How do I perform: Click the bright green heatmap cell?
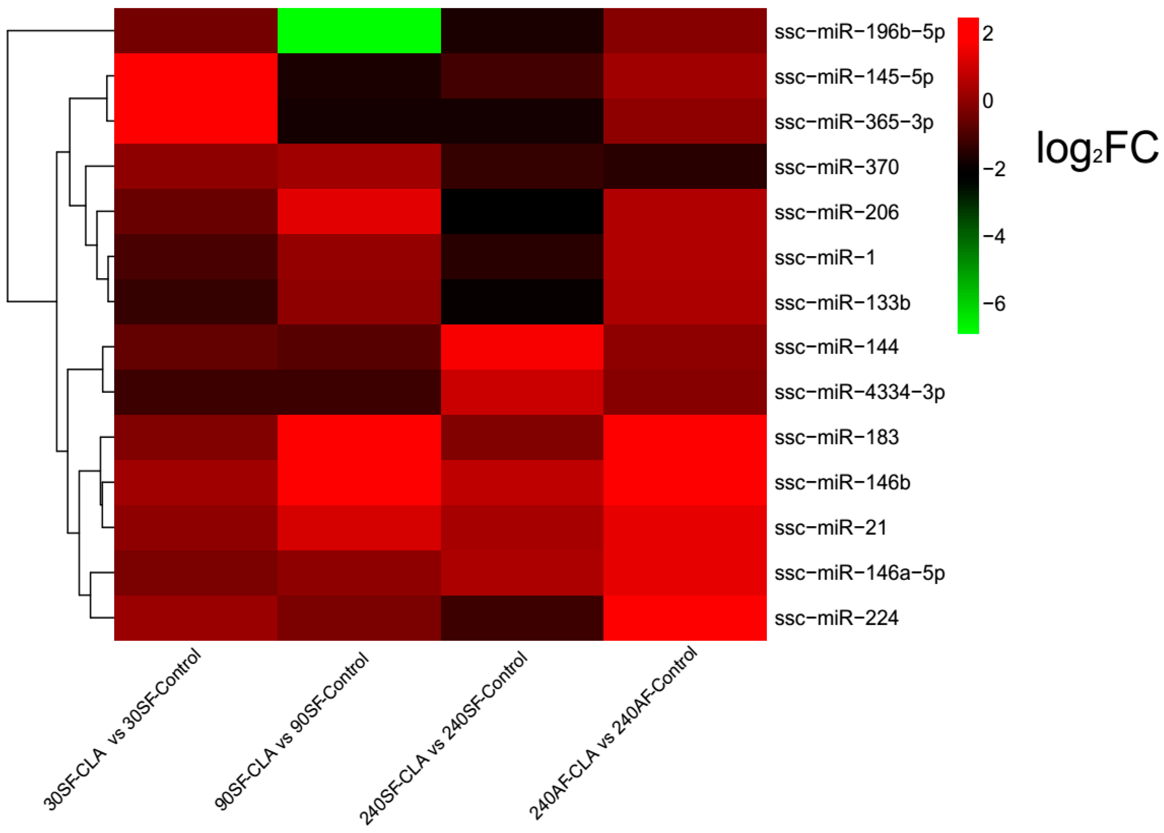359,31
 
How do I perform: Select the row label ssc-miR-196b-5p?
859,32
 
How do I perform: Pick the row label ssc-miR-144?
836,347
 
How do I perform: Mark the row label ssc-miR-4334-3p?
859,392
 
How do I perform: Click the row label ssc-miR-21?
830,528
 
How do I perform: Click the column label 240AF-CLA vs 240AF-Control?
613,733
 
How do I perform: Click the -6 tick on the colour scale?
994,304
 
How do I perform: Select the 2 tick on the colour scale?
988,34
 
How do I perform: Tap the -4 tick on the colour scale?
994,236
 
